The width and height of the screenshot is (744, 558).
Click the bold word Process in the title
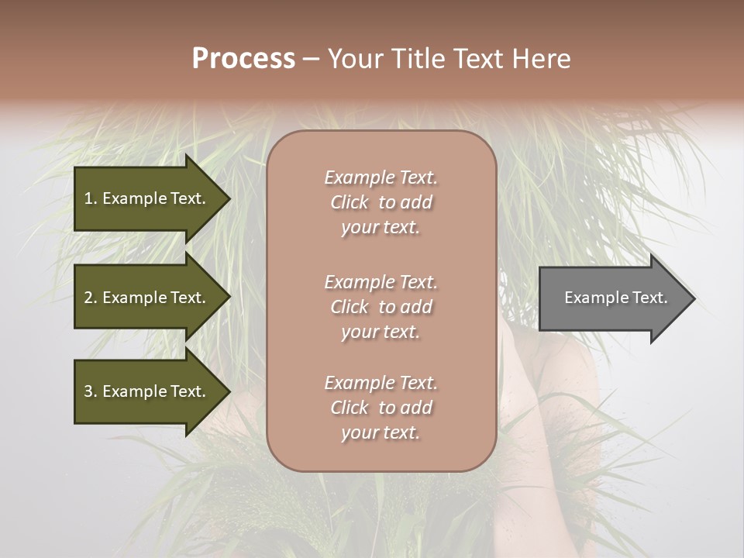(243, 59)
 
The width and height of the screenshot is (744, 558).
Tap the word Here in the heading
(540, 59)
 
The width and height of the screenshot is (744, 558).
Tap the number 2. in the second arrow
(91, 298)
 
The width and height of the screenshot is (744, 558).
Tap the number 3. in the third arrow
(91, 391)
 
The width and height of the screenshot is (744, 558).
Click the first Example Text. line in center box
(381, 177)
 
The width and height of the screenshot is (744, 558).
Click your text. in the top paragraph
(381, 228)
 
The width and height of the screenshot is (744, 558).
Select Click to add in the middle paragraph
(381, 307)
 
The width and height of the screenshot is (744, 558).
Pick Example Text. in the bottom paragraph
(381, 383)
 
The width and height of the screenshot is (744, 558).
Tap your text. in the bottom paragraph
(381, 433)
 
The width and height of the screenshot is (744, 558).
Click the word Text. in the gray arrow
(648, 298)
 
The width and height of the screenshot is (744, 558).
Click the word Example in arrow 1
(134, 198)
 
